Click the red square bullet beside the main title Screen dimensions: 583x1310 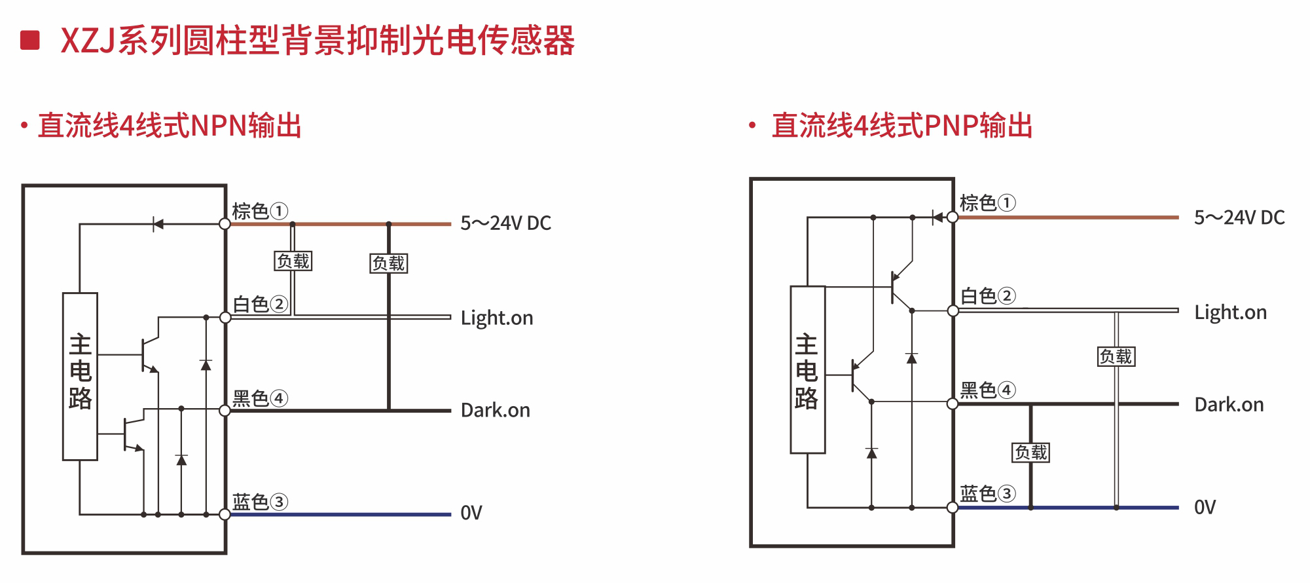pyautogui.click(x=30, y=40)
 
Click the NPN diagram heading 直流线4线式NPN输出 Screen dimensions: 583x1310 pyautogui.click(x=170, y=126)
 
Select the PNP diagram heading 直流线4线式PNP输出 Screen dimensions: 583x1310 pyautogui.click(x=902, y=126)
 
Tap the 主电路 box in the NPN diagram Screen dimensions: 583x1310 pyautogui.click(x=80, y=376)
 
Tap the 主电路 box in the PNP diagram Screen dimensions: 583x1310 pyautogui.click(x=807, y=369)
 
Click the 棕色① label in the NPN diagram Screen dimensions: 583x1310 pyautogui.click(x=260, y=211)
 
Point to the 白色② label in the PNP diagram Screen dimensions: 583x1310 pyautogui.click(x=987, y=296)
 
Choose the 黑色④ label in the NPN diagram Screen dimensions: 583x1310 pyautogui.click(x=260, y=398)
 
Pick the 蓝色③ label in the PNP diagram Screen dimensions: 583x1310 pyautogui.click(x=987, y=493)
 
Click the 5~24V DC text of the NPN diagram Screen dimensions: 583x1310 pyautogui.click(x=505, y=223)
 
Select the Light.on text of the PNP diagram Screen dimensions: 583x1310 pyautogui.click(x=1230, y=312)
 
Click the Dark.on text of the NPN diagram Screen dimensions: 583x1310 pyautogui.click(x=495, y=411)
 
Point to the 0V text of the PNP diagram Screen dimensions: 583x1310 pyautogui.click(x=1205, y=508)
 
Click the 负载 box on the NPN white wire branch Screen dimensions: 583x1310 pyautogui.click(x=293, y=261)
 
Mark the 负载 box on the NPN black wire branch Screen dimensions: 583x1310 pyautogui.click(x=389, y=263)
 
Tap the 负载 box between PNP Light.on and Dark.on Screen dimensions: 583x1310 pyautogui.click(x=1116, y=356)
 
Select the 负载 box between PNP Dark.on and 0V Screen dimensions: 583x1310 pyautogui.click(x=1031, y=452)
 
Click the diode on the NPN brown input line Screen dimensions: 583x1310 pyautogui.click(x=157, y=224)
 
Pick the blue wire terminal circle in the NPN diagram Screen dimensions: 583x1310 pyautogui.click(x=225, y=514)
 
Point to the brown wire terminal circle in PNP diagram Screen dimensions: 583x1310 pyautogui.click(x=953, y=217)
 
